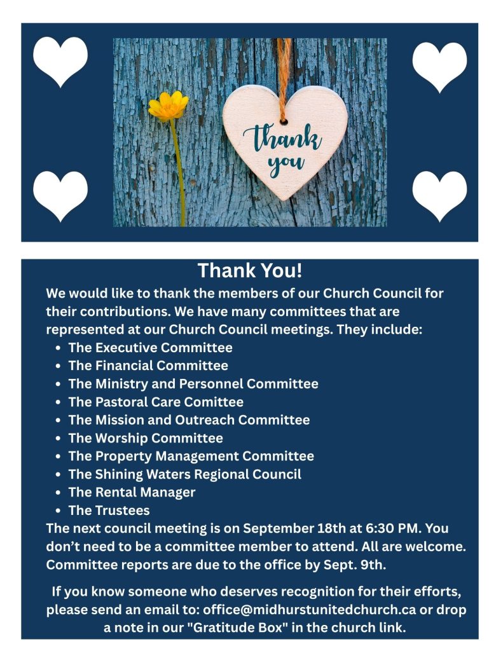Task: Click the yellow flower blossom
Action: tap(169, 106)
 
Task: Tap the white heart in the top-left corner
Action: tap(60, 60)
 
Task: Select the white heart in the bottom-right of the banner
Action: tap(439, 195)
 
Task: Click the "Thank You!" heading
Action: tap(250, 270)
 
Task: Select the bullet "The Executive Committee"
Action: tap(150, 348)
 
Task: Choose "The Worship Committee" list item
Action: tap(146, 438)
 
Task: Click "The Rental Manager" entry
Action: tap(132, 492)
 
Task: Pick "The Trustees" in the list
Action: tap(109, 510)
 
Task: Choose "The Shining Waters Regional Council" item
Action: tap(185, 474)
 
